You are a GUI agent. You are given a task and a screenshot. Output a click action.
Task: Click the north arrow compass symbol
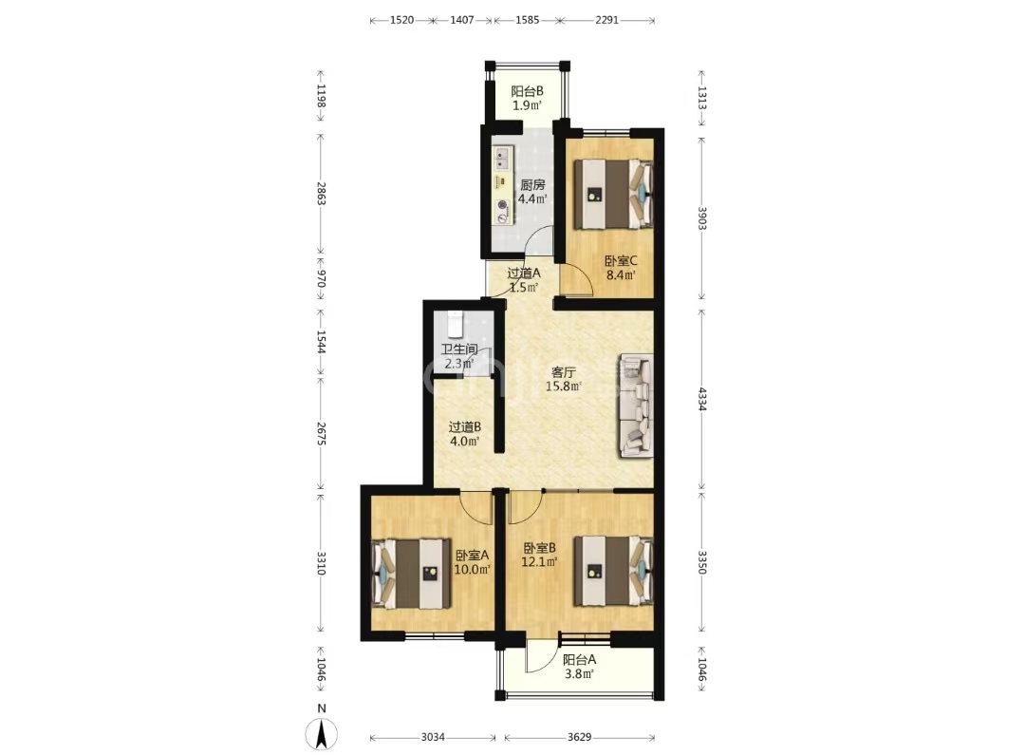[x=322, y=733]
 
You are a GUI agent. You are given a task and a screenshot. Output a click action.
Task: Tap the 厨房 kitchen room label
[x=532, y=184]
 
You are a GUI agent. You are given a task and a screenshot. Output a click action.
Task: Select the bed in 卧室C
[x=613, y=195]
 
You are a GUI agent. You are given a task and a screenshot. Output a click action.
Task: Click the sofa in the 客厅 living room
[x=636, y=405]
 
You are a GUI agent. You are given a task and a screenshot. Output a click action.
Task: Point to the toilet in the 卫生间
[x=455, y=324]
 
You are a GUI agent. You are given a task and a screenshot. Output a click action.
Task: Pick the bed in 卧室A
[x=411, y=574]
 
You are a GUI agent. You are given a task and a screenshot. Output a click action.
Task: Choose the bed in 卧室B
[x=613, y=571]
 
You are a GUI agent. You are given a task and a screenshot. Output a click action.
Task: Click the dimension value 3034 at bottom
[x=433, y=737]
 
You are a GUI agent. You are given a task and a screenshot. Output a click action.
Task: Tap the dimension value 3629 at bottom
[x=579, y=737]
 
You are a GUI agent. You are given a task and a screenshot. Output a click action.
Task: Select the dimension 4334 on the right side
[x=702, y=399]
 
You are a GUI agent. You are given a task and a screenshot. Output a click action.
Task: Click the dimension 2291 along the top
[x=606, y=20]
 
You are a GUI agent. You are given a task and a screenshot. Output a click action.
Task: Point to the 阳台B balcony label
[x=527, y=91]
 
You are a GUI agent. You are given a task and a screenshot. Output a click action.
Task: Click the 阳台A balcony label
[x=579, y=660]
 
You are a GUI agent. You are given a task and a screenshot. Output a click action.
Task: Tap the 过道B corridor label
[x=465, y=427]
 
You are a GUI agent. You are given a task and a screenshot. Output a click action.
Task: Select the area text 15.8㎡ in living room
[x=564, y=386]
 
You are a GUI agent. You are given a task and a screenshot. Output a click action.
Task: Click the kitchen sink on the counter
[x=502, y=159]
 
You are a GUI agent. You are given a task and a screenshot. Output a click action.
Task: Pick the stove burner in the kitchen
[x=502, y=204]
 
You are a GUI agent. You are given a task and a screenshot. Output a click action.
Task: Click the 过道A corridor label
[x=524, y=273]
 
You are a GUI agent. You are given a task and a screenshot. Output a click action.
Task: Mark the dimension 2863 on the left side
[x=321, y=194]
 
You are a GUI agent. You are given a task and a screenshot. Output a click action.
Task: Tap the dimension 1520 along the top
[x=402, y=20]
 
